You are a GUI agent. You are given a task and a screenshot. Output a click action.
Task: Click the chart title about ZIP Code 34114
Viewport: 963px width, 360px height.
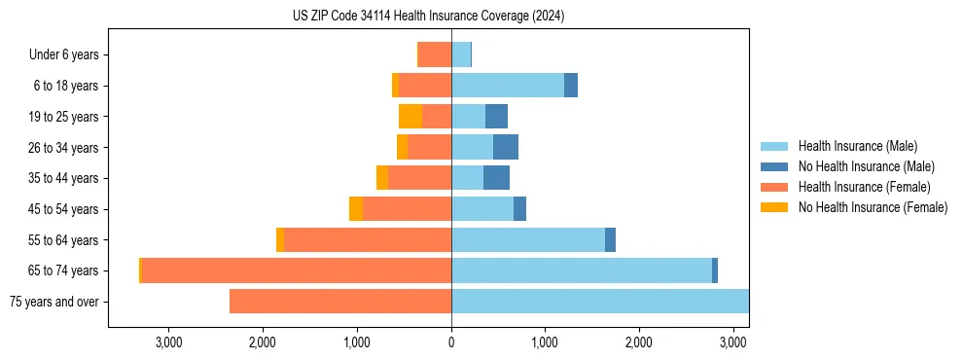click(428, 17)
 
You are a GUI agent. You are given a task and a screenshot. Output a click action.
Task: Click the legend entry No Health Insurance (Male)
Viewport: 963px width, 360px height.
click(863, 166)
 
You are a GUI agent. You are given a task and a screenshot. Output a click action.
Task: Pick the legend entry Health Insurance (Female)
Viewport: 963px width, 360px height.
click(860, 187)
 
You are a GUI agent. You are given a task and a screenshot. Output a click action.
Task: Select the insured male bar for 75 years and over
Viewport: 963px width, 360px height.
click(599, 302)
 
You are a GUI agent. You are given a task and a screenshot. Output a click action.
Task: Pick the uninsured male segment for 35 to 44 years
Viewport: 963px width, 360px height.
click(496, 178)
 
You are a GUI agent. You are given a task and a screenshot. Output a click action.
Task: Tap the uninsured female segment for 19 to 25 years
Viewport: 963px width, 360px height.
click(410, 117)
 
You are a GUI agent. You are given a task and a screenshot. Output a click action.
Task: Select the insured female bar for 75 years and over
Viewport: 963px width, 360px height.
click(340, 302)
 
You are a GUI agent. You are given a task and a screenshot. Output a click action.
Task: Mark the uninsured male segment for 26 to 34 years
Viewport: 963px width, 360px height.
click(506, 147)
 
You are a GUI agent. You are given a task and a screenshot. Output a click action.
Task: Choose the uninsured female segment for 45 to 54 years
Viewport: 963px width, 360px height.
click(356, 209)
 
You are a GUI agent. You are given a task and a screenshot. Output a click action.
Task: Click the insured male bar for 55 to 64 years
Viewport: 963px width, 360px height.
click(528, 239)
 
